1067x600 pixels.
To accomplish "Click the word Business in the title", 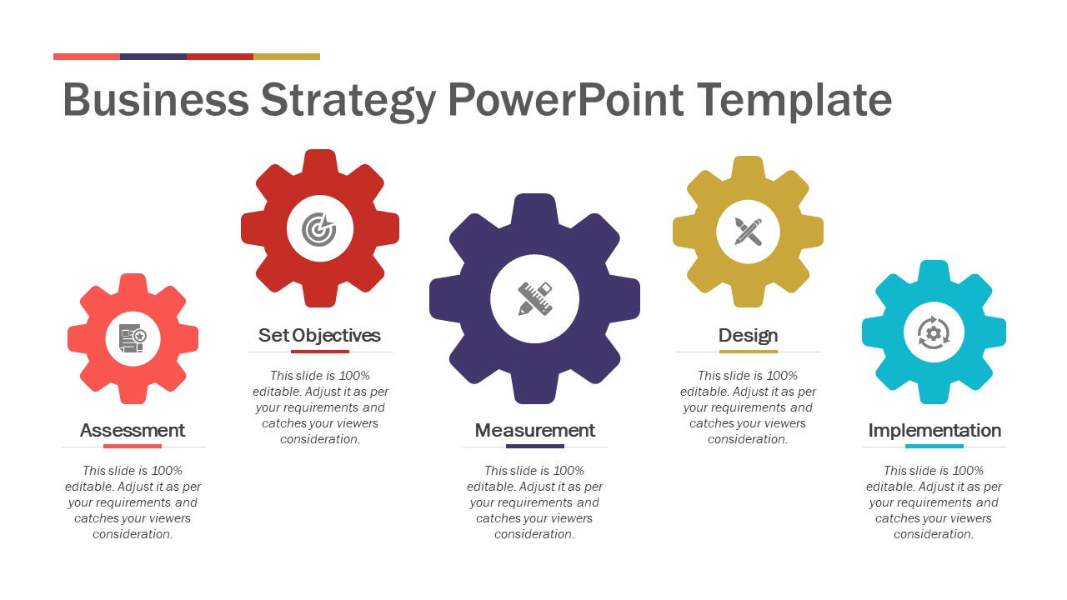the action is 156,100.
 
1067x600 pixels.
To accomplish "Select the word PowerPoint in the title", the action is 566,100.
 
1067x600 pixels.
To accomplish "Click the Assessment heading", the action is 133,431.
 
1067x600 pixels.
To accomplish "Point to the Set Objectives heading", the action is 319,336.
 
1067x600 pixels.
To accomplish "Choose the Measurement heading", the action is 535,431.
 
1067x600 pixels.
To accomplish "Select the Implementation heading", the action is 934,431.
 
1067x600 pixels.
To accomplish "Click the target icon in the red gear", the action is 319,229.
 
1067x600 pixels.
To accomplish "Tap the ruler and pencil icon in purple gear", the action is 535,298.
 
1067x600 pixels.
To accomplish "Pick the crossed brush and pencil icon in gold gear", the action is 749,232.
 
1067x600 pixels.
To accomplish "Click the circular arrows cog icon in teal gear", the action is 934,332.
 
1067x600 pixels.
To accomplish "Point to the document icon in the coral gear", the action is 133,338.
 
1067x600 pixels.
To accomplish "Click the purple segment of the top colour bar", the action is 153,57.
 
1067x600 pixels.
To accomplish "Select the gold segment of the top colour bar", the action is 287,57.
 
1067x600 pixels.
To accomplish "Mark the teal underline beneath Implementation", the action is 934,446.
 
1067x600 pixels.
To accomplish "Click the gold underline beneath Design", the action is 749,352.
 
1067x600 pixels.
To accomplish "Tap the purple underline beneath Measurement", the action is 535,446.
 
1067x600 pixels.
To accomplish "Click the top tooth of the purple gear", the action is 534,209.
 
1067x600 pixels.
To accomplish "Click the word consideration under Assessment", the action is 133,534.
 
